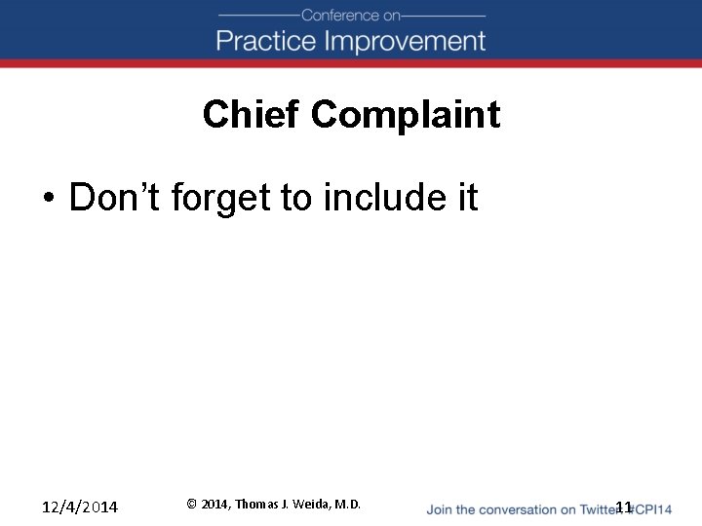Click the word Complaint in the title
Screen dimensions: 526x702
406,115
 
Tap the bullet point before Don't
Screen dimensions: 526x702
48,199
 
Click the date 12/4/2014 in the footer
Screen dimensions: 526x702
80,507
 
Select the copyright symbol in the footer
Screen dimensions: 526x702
192,505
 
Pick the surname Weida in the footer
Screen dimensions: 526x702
312,505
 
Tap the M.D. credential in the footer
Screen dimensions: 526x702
348,505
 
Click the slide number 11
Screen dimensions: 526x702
624,507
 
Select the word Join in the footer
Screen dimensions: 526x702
440,509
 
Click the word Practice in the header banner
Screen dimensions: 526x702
265,42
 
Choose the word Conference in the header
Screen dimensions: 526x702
338,15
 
